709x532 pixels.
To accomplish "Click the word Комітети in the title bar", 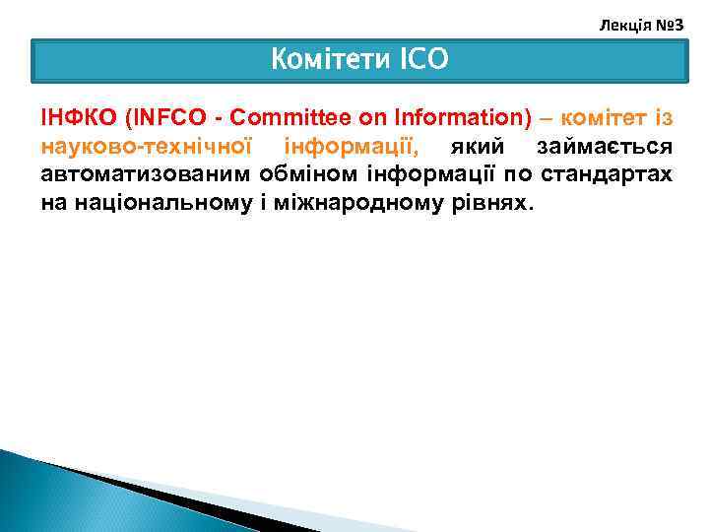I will [x=330, y=60].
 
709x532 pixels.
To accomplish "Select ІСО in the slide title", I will [x=423, y=60].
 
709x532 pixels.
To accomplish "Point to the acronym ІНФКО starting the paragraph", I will [x=79, y=119].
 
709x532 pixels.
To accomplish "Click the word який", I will [x=478, y=147].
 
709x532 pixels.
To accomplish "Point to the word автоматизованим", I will [x=145, y=174].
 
